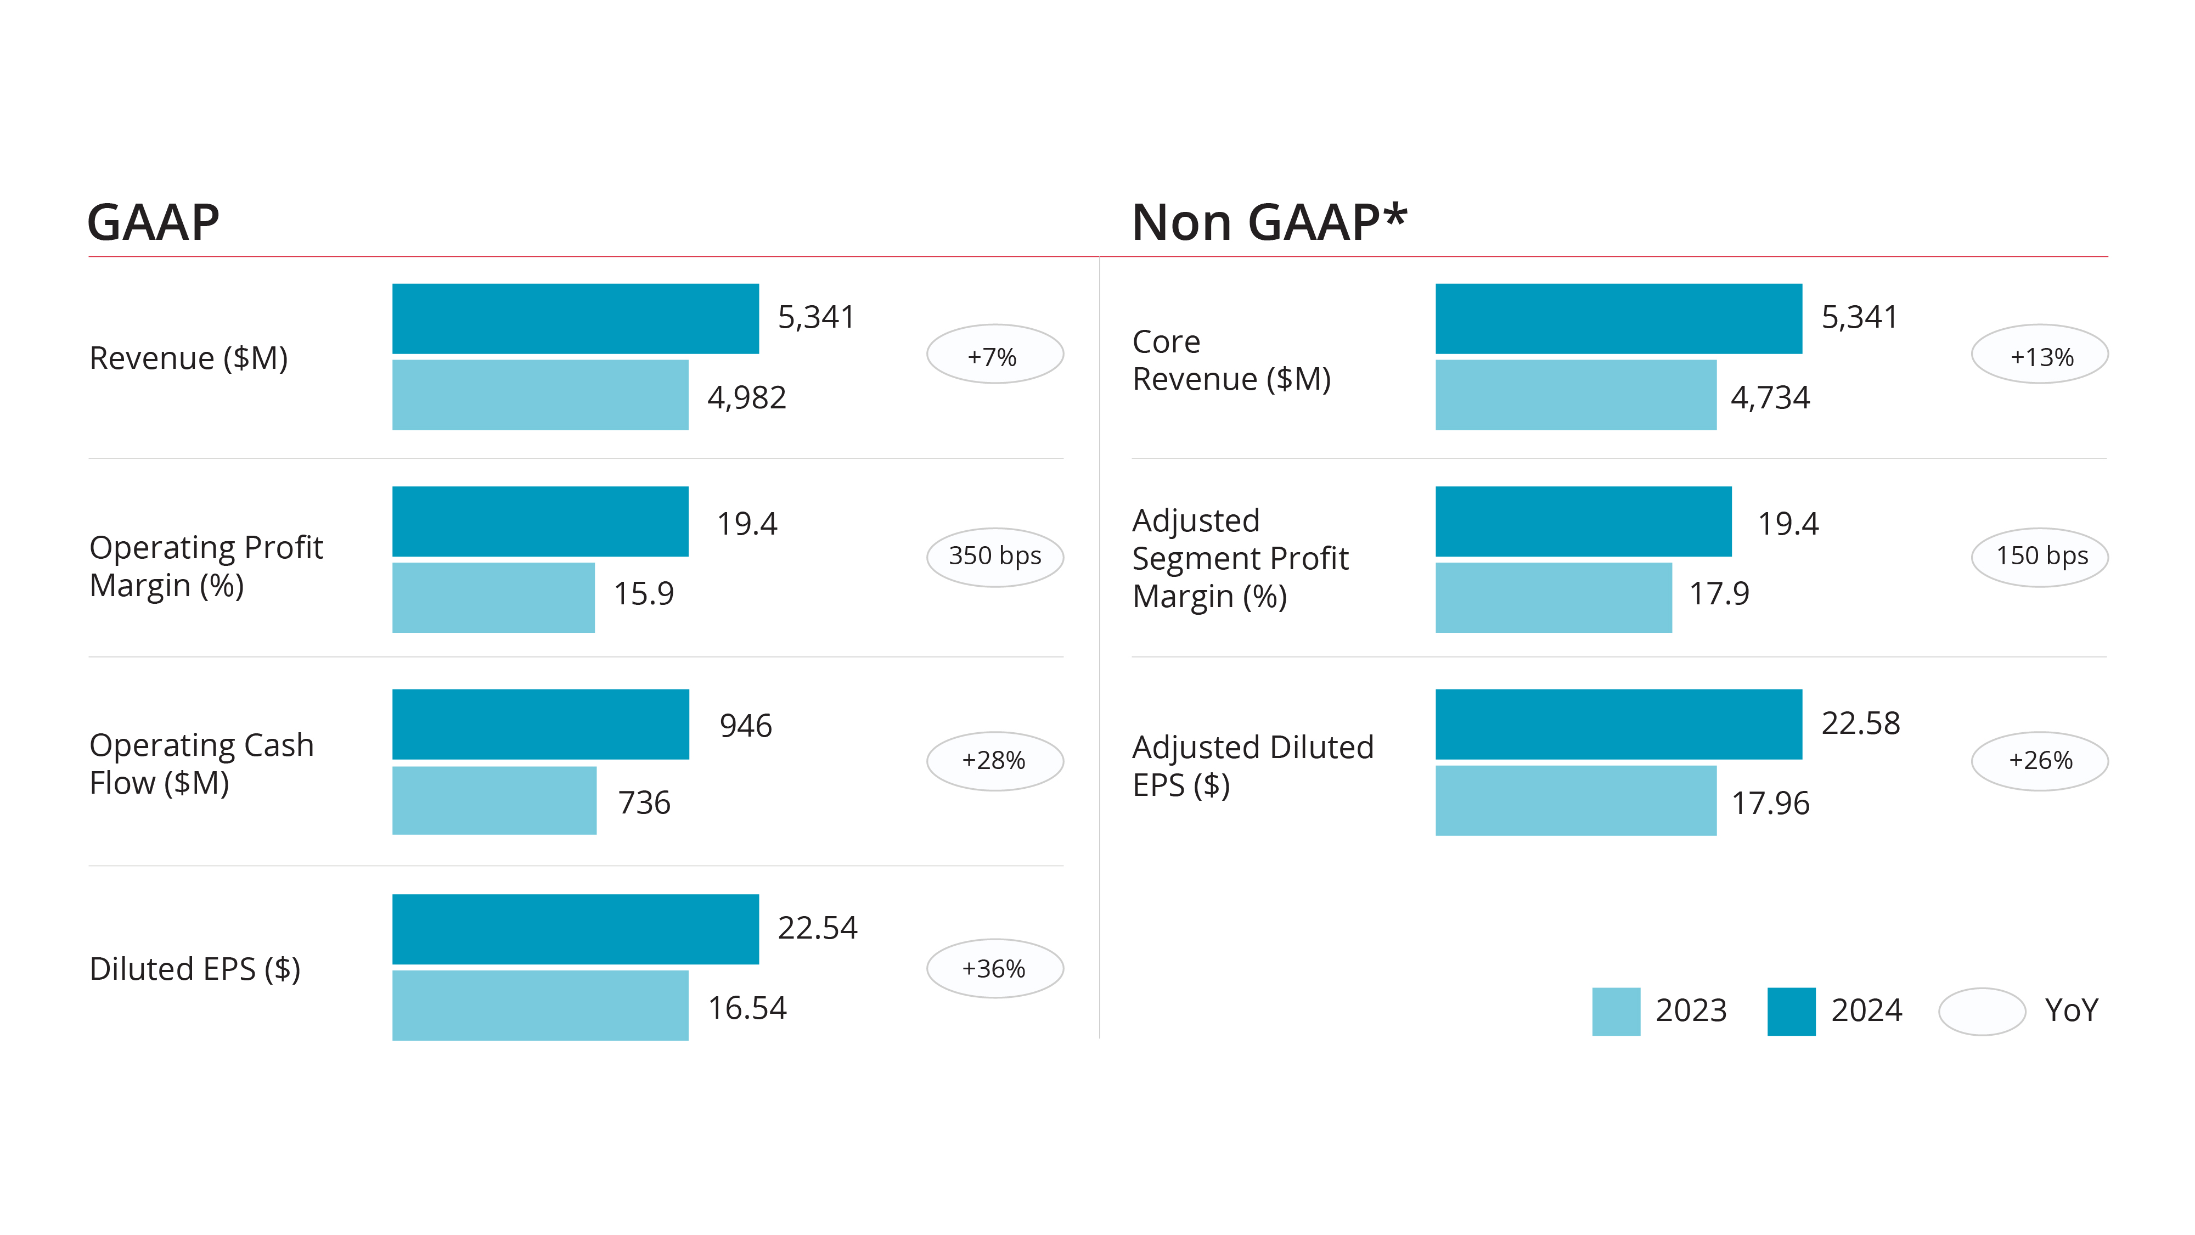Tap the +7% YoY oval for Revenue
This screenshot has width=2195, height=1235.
coord(994,355)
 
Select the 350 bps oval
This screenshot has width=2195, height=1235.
coord(994,557)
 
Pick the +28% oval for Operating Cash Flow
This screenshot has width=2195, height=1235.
coord(994,760)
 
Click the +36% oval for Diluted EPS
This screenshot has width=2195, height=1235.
coord(994,968)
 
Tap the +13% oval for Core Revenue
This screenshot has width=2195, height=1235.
coord(2039,355)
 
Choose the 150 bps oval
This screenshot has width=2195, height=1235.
coord(2039,557)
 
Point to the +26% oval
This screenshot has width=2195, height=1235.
coord(2039,760)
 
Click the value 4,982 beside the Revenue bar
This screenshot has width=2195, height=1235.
coord(746,398)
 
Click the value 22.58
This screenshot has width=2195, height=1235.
coord(1860,723)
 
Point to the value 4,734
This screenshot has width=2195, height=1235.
coord(1770,398)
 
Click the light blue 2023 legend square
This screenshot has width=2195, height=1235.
coord(1616,1011)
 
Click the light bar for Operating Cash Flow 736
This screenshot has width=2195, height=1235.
coord(494,800)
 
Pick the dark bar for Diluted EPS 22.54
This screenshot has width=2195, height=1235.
coord(575,929)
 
